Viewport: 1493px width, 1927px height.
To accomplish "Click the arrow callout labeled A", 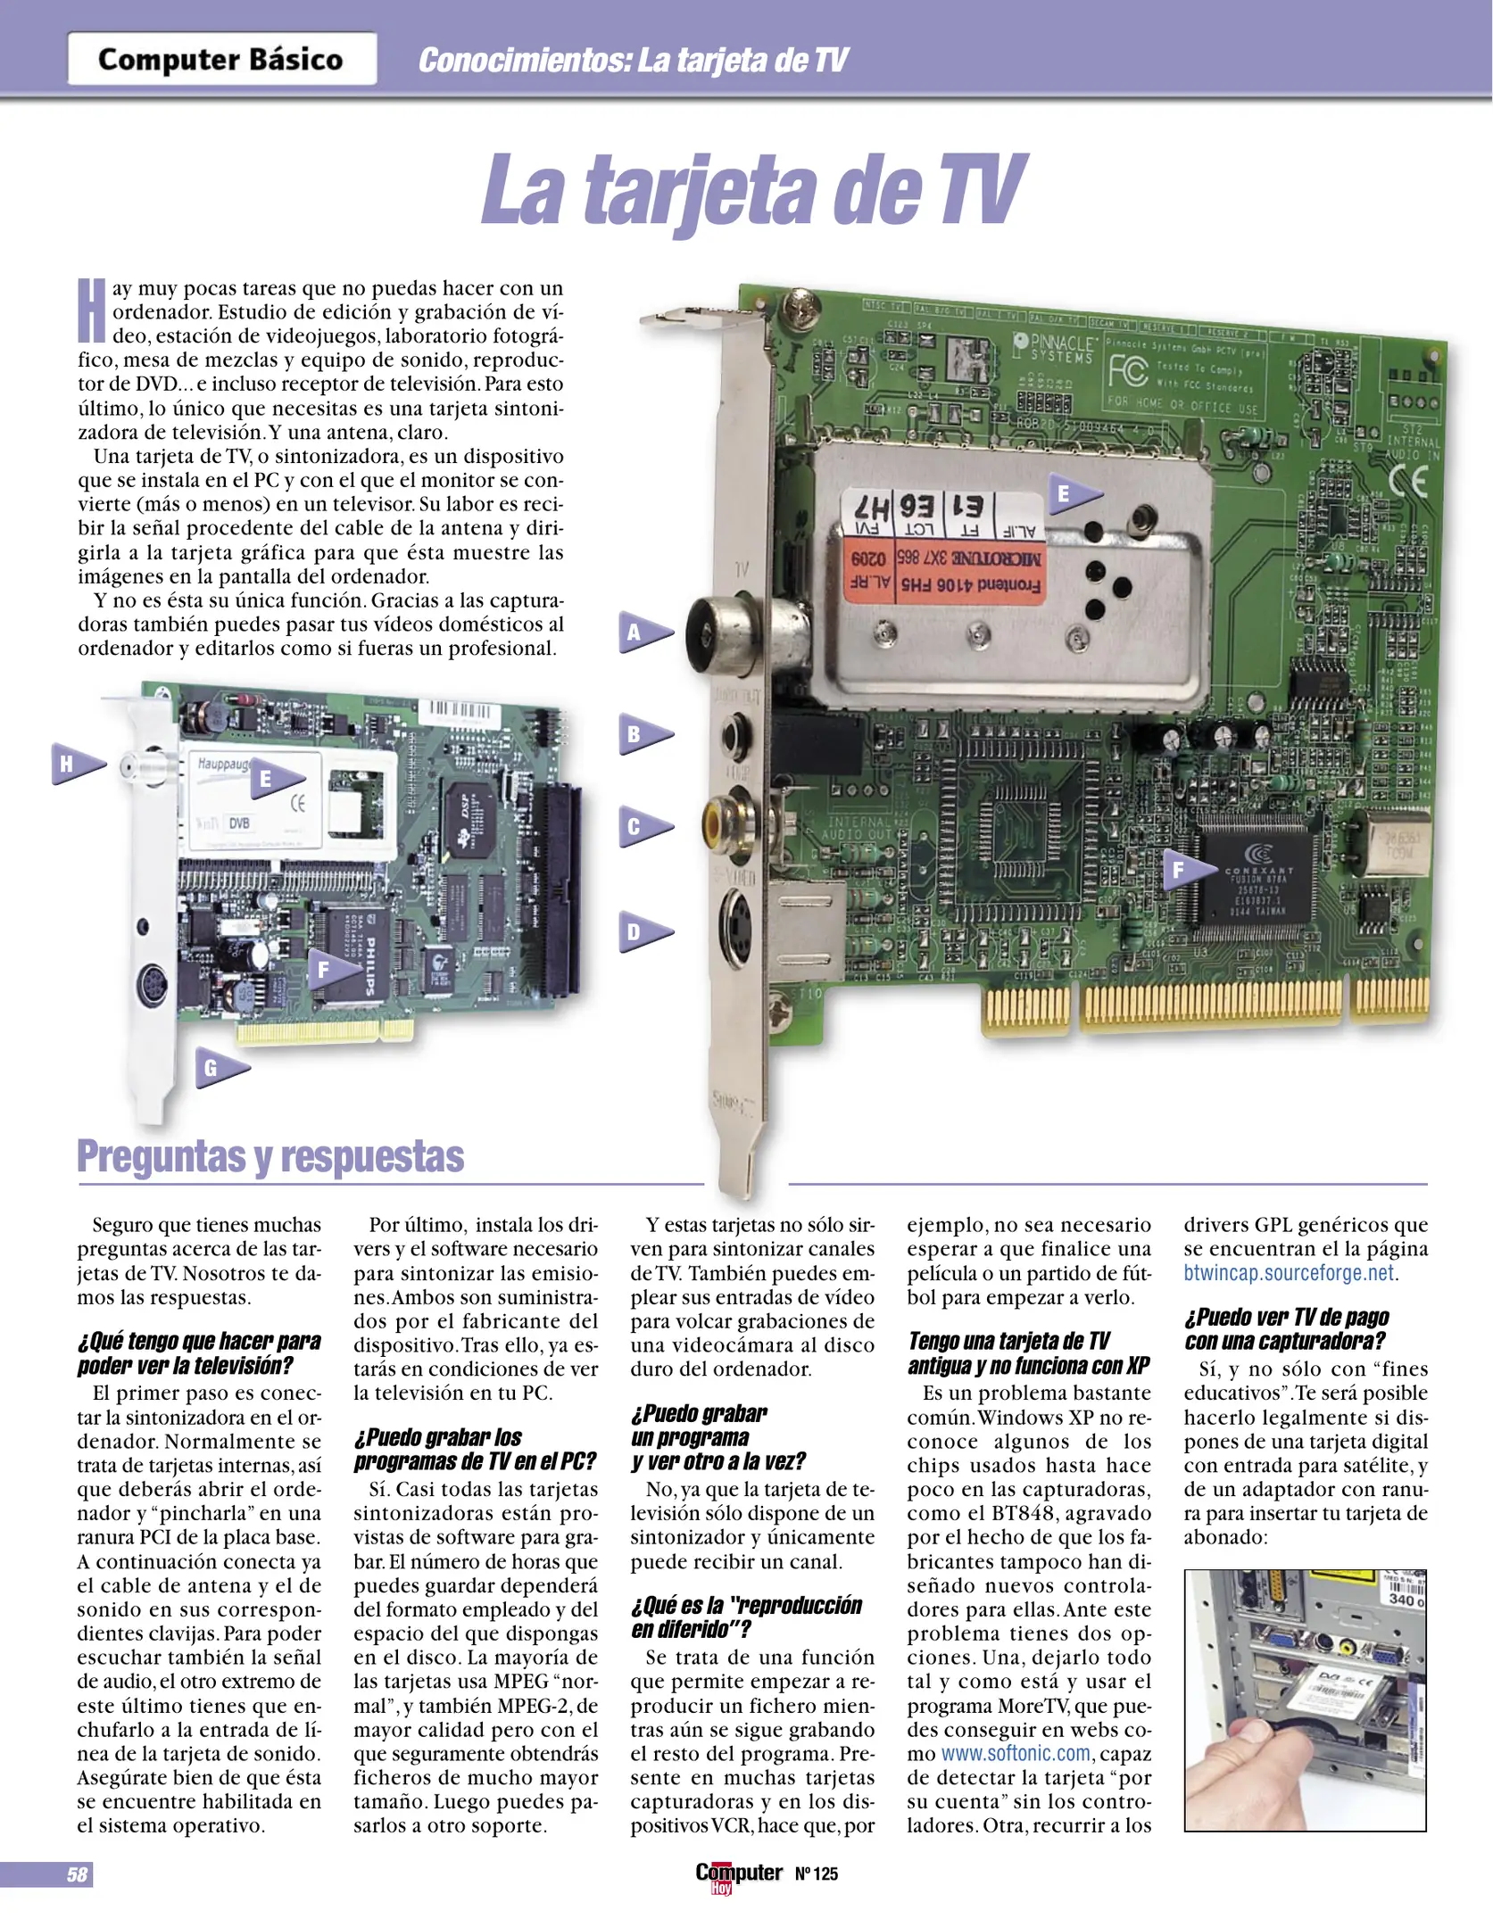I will click(x=644, y=633).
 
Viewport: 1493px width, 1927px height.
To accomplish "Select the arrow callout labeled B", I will click(x=644, y=735).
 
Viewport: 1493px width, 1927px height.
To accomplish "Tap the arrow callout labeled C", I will click(x=644, y=827).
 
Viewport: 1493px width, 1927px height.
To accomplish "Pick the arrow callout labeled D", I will click(x=644, y=932).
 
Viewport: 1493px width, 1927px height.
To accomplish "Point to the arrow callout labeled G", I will click(x=220, y=1068).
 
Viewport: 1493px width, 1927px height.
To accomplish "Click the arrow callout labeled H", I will click(x=78, y=764).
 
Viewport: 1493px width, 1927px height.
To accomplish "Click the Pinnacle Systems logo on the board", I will click(x=1053, y=348).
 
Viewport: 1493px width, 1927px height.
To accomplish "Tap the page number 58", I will click(x=77, y=1874).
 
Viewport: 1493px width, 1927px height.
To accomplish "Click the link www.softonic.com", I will click(x=1016, y=1753).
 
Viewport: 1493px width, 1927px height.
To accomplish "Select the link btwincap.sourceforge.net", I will click(x=1289, y=1273).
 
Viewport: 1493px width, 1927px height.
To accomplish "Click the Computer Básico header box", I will click(x=221, y=59).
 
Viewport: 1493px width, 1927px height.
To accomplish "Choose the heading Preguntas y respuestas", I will click(x=270, y=1156).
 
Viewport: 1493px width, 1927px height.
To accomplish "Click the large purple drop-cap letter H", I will click(x=92, y=310).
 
